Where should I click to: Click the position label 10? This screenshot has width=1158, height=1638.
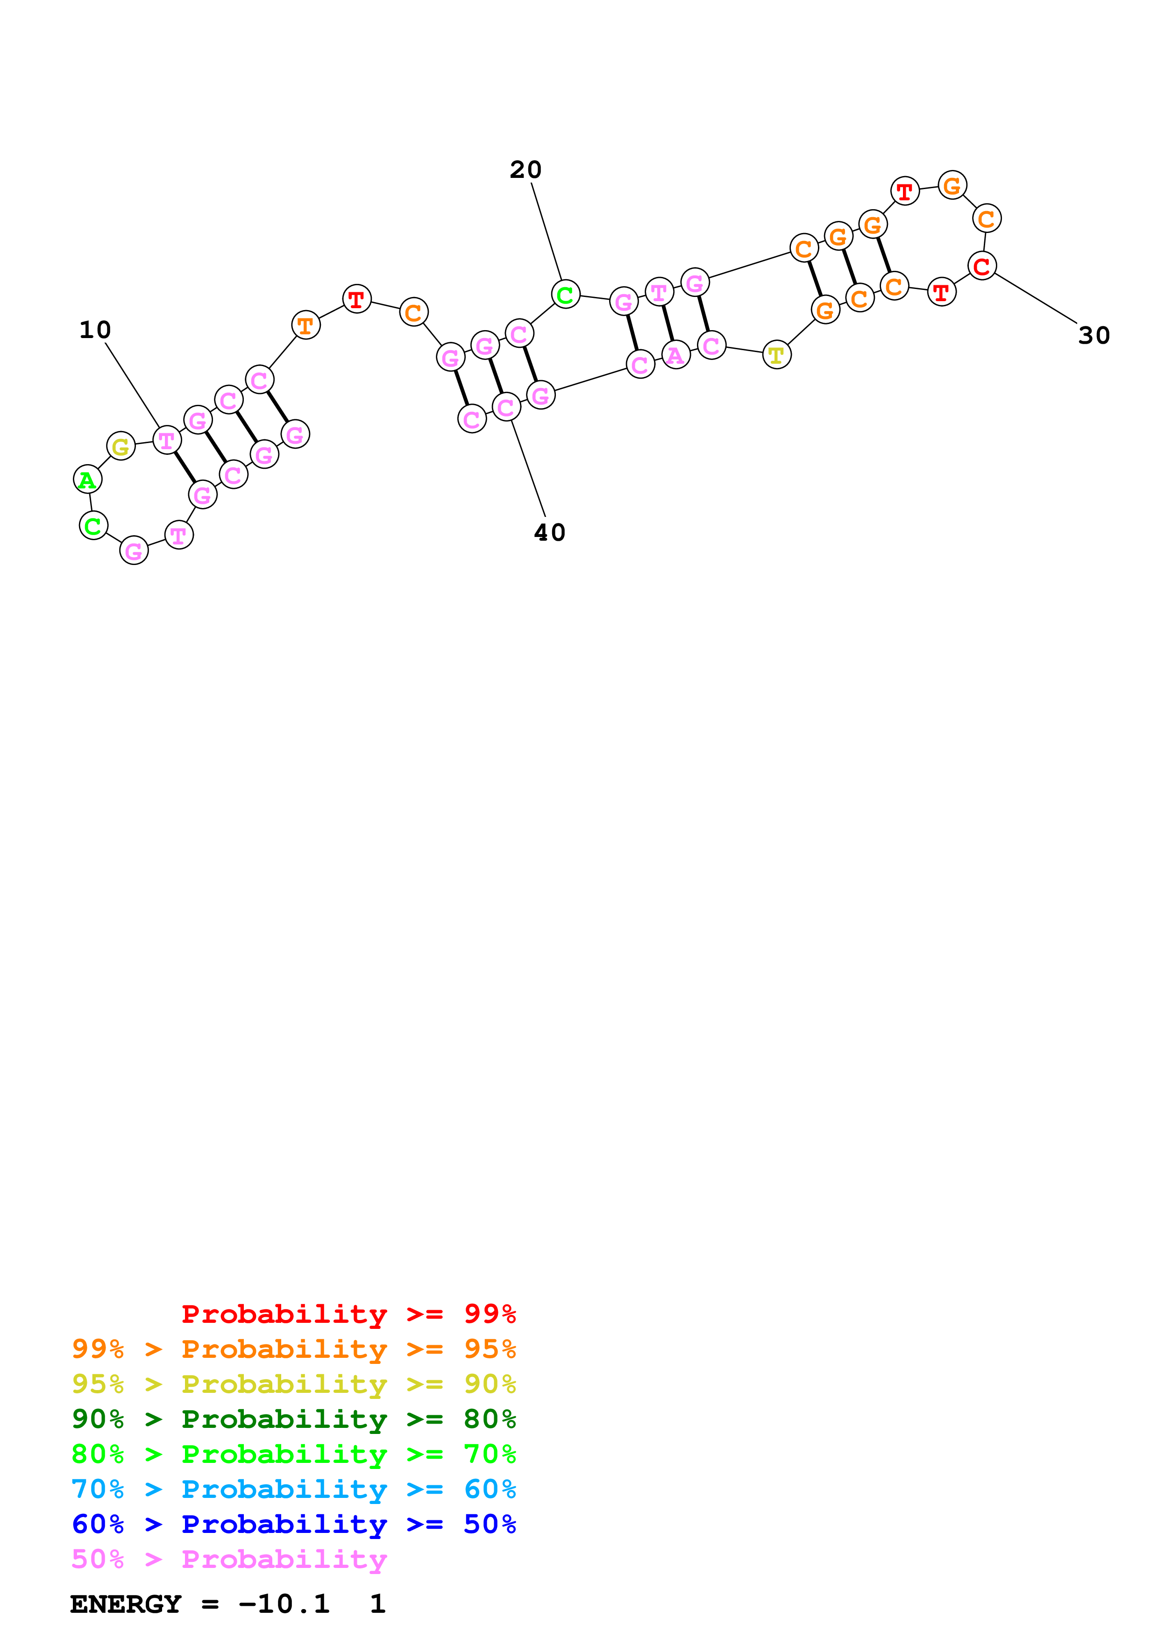(95, 330)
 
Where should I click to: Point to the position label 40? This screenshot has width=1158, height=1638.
(549, 532)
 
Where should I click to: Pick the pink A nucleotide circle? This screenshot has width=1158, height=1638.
(675, 354)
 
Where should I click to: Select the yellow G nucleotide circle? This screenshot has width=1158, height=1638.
(121, 446)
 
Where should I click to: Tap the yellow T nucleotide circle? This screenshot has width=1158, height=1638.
(776, 354)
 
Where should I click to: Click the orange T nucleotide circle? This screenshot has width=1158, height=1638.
(305, 325)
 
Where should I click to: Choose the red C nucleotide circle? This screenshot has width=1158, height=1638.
(982, 266)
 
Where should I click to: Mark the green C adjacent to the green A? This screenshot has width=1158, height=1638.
(93, 527)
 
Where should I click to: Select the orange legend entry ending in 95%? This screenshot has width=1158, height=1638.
(293, 1349)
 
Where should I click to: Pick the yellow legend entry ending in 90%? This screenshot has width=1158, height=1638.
(293, 1384)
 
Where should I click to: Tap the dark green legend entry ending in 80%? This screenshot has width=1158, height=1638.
(293, 1419)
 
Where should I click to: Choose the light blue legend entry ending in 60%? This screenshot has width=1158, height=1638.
(293, 1489)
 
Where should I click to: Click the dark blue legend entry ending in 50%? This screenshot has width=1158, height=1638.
(293, 1524)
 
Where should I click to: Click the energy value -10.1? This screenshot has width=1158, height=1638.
(284, 1604)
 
